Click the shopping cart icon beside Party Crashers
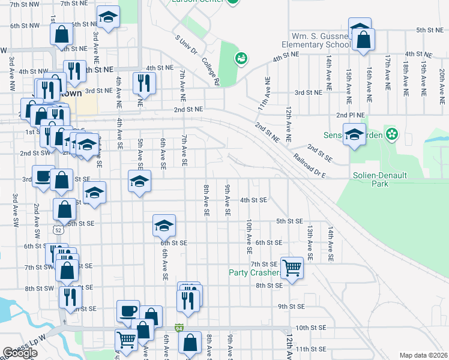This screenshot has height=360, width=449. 292,267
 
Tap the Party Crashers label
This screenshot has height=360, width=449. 255,272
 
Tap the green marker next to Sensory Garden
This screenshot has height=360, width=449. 392,134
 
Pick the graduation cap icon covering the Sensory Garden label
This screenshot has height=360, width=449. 354,134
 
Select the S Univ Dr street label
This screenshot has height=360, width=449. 186,48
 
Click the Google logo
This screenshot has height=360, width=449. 20,353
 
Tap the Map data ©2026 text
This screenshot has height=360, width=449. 423,355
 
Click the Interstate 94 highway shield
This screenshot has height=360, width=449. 179,328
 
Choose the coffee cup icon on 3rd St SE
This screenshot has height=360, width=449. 43,176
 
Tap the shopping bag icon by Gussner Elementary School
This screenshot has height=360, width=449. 364,41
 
